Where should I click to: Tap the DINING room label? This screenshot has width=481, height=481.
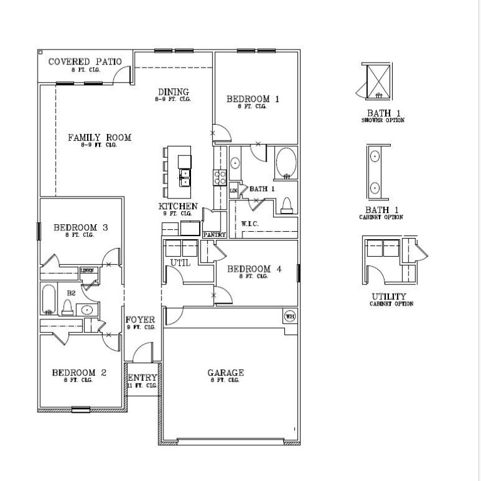click(173, 92)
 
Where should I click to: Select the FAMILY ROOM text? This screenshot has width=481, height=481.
click(100, 137)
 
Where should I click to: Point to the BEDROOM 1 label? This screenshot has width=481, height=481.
click(252, 99)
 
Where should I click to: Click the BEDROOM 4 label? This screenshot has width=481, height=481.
click(254, 269)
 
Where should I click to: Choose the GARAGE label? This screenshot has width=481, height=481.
click(225, 373)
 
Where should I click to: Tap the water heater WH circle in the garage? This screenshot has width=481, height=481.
click(290, 316)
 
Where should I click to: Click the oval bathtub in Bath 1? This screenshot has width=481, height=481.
click(287, 163)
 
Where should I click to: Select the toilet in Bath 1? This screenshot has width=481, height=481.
click(287, 204)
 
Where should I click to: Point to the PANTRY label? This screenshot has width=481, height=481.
click(214, 234)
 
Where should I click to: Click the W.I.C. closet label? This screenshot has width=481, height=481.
click(250, 224)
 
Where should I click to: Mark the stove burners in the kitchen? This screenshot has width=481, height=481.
click(220, 177)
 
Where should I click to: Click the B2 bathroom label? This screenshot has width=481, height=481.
click(71, 292)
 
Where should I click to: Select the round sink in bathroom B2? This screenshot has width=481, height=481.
click(86, 309)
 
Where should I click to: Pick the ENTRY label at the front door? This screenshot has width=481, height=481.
click(142, 378)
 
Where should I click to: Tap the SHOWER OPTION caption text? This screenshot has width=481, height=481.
click(383, 120)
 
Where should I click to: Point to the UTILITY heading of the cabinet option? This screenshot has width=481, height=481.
click(388, 296)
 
